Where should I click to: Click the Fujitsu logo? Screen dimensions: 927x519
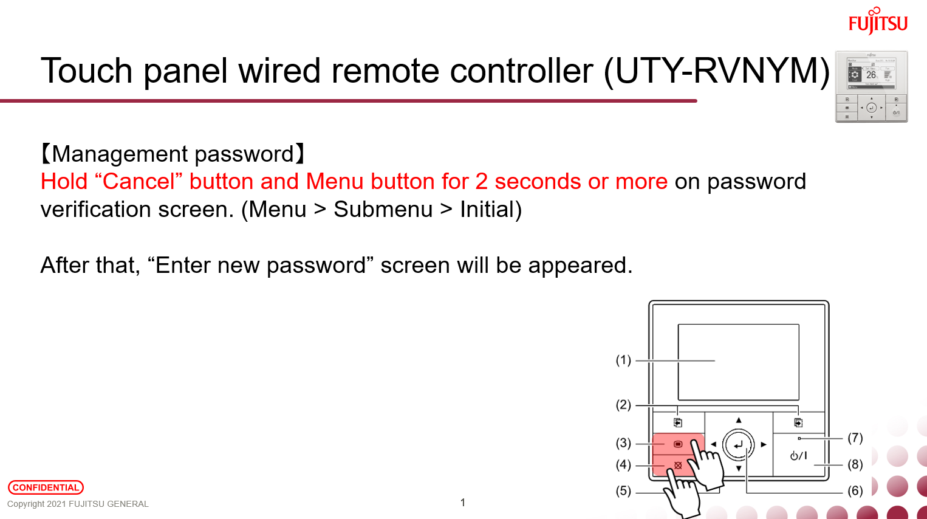pos(878,21)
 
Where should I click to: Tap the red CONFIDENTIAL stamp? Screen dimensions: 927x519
pos(46,487)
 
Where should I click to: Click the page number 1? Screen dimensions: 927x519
pos(463,503)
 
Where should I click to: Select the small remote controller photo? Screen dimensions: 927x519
pos(871,87)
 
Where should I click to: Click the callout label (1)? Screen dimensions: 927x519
pos(623,360)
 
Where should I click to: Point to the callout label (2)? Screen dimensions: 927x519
pos(623,405)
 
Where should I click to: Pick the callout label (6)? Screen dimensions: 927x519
pos(855,490)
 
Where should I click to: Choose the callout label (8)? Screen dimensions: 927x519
pos(855,464)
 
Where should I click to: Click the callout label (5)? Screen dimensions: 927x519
pos(623,490)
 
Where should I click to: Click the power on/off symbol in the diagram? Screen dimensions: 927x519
pos(798,456)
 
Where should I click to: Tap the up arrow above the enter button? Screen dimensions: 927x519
pos(739,420)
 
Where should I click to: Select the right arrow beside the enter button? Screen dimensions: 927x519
pos(764,444)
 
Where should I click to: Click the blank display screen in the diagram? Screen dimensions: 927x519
pos(738,362)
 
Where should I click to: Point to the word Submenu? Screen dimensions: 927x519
pos(383,210)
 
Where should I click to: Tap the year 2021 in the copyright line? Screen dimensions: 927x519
pos(56,504)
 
